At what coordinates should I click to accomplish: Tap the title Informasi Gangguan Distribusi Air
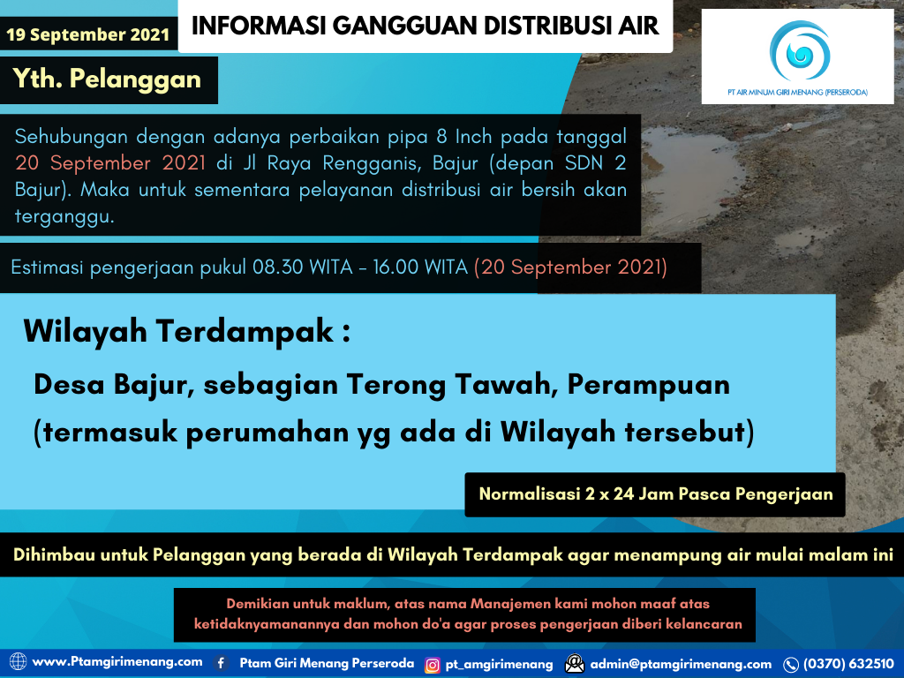[x=425, y=26]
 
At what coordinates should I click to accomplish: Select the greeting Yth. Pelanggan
[x=107, y=79]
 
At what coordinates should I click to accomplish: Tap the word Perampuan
[x=649, y=385]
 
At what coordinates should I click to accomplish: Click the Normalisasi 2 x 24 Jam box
[x=655, y=494]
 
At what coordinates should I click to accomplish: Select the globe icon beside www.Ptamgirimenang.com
[x=18, y=662]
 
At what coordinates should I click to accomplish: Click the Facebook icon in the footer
[x=221, y=663]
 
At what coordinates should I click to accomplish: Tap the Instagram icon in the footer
[x=433, y=665]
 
